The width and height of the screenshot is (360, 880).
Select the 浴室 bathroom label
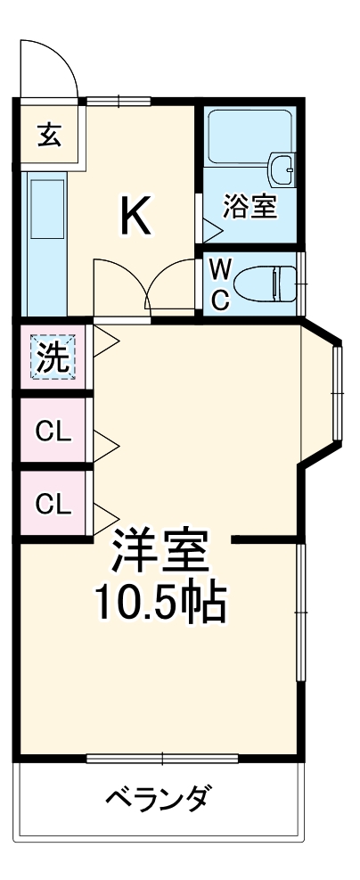(250, 207)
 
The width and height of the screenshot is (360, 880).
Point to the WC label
(220, 284)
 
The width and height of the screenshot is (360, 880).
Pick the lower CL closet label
(53, 504)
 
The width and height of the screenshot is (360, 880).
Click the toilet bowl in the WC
(272, 284)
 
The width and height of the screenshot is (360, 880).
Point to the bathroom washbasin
(282, 166)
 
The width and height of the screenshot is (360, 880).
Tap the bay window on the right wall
(337, 393)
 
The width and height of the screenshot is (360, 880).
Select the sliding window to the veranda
(162, 759)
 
